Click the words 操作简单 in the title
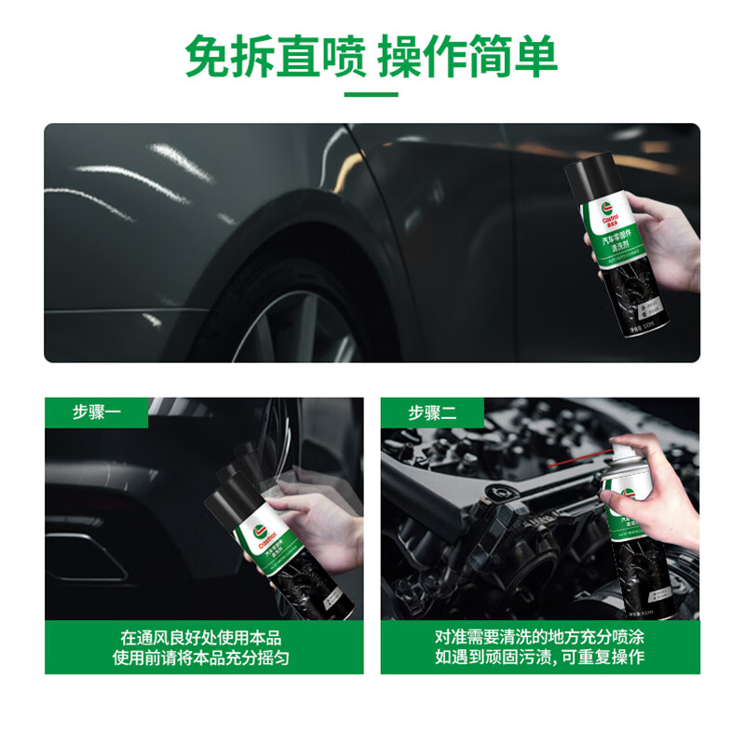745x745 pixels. [x=467, y=58]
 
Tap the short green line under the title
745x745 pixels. [x=372, y=94]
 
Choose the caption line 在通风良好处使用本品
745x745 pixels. [x=201, y=638]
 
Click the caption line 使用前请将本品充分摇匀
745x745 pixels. [x=201, y=658]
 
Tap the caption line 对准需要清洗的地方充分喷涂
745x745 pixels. [x=539, y=638]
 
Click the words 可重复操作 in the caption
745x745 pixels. [x=602, y=658]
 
